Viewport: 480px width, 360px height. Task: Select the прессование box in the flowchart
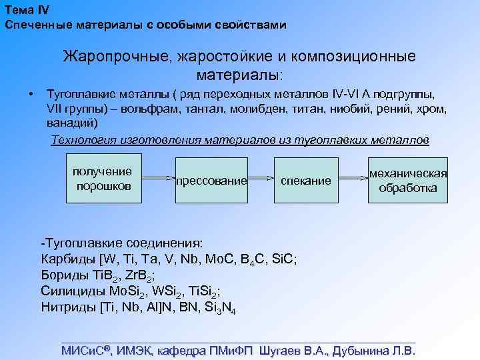[x=211, y=180]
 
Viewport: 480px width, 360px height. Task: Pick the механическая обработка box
[x=408, y=180]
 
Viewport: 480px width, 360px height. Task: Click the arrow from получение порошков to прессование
[x=157, y=179]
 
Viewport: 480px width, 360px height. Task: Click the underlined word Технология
[x=85, y=140]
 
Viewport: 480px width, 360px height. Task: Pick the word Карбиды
[x=69, y=259]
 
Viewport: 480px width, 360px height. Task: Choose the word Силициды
[x=71, y=291]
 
